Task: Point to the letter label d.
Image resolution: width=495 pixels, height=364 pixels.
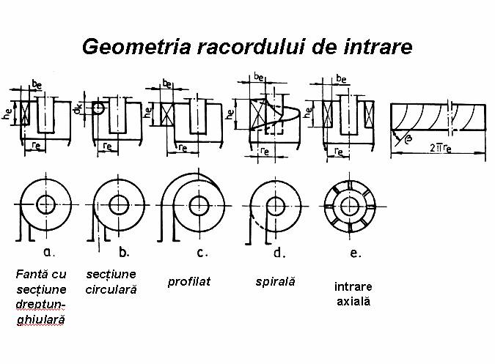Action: tap(279, 253)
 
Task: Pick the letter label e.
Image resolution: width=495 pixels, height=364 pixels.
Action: tap(356, 253)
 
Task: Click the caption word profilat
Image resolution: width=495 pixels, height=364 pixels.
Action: tap(189, 282)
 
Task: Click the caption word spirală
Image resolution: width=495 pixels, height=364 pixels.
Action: tap(275, 281)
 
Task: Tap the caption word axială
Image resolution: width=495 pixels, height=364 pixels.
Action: tap(353, 301)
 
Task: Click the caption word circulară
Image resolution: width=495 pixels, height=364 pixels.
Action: tap(111, 289)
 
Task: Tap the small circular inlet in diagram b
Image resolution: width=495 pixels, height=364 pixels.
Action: tap(98, 108)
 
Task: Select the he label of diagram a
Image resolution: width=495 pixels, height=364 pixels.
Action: tap(6, 114)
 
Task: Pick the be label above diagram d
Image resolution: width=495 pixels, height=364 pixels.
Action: tap(259, 76)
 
